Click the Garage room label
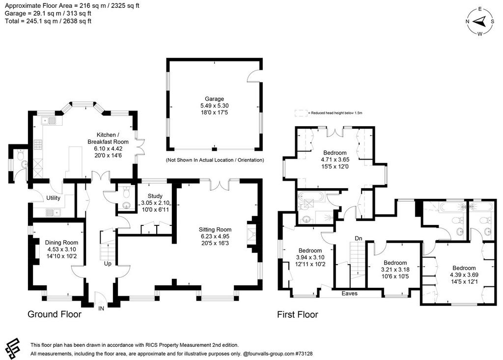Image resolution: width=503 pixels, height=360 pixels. pos(214,99)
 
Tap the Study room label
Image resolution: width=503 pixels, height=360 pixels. pos(155,196)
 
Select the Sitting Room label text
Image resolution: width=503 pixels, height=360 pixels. pos(215,229)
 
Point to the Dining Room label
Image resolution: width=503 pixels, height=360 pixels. pos(61,243)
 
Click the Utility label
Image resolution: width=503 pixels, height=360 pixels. pos(53,197)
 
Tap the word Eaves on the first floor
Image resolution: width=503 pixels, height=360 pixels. pos(349,293)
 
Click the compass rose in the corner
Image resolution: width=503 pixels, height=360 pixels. pos(480,22)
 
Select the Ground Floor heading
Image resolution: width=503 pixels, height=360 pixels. pos(55,314)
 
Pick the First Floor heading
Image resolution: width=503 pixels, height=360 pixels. pos(298,315)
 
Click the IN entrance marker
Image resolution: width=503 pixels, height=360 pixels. pos(101,308)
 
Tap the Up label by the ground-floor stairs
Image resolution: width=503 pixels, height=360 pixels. pos(108,263)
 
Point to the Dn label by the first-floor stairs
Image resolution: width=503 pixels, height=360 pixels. pos(358,238)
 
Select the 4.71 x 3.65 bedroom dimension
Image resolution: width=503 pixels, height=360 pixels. pos(335,160)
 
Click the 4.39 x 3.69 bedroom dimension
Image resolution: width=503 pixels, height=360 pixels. pos(464,275)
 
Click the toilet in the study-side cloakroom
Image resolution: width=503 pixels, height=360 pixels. pos(126,193)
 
